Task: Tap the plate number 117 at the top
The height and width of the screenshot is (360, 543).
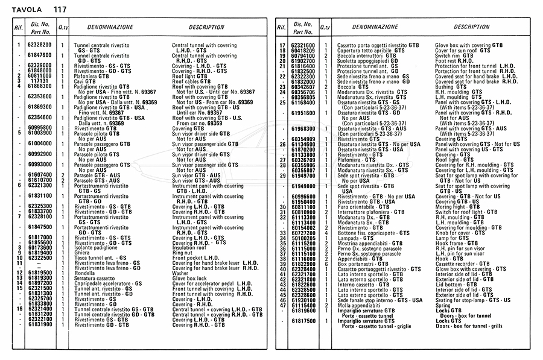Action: [60, 8]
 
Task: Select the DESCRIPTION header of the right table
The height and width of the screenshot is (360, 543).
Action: [471, 27]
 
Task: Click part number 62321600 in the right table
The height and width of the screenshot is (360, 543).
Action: [303, 45]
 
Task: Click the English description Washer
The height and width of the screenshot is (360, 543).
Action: [180, 273]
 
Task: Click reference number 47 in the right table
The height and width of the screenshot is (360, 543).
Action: [282, 305]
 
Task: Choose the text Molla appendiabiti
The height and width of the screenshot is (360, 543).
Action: [359, 305]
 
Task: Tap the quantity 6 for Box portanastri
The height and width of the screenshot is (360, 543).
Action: [326, 264]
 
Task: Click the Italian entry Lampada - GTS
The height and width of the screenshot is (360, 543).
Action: [357, 238]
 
